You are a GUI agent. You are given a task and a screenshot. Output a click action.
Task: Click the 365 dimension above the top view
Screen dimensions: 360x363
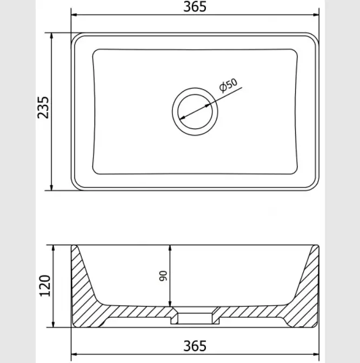click(x=195, y=6)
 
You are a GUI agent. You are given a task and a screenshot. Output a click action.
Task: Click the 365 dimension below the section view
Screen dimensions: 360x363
click(x=195, y=346)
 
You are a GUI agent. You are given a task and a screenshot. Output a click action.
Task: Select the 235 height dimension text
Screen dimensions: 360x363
click(x=43, y=107)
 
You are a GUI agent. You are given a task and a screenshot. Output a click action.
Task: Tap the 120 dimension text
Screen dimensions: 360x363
click(x=45, y=286)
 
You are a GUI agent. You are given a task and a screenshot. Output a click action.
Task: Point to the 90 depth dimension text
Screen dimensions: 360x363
click(x=163, y=275)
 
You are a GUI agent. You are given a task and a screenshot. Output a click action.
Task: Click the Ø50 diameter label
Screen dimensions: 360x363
click(x=228, y=85)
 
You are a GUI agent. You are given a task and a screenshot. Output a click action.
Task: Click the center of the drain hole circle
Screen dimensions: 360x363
click(x=195, y=112)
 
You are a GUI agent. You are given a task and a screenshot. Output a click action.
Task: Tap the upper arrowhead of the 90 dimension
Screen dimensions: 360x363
click(x=170, y=248)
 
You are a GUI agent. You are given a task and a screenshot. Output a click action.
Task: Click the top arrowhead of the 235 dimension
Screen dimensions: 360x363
click(x=51, y=36)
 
